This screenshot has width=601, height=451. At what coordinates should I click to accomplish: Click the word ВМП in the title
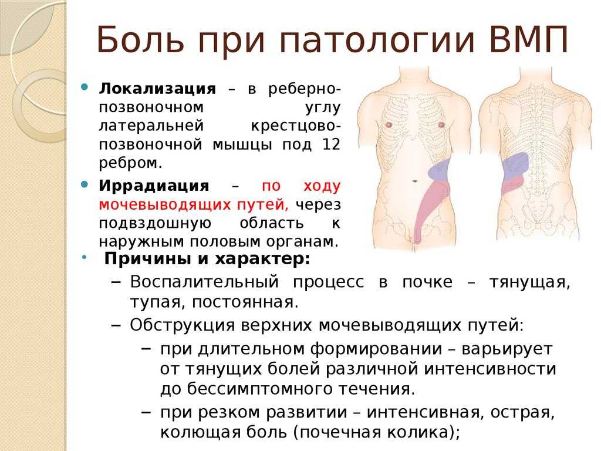tap(529, 39)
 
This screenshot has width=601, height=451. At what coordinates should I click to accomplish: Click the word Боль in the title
tap(140, 39)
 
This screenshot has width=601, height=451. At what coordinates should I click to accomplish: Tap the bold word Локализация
tap(157, 89)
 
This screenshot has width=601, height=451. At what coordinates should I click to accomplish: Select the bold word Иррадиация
tap(154, 186)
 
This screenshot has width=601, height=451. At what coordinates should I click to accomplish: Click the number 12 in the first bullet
tap(331, 144)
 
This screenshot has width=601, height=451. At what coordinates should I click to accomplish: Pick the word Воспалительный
tap(204, 282)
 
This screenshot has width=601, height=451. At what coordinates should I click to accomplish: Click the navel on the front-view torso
tap(415, 181)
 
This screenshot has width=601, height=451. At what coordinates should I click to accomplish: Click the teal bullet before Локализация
tap(85, 87)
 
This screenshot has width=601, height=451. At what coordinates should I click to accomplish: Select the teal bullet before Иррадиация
tap(85, 185)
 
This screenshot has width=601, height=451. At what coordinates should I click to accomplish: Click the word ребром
tap(130, 163)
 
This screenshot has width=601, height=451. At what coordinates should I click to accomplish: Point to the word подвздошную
tap(155, 224)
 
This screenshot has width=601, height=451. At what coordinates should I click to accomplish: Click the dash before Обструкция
tap(116, 325)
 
